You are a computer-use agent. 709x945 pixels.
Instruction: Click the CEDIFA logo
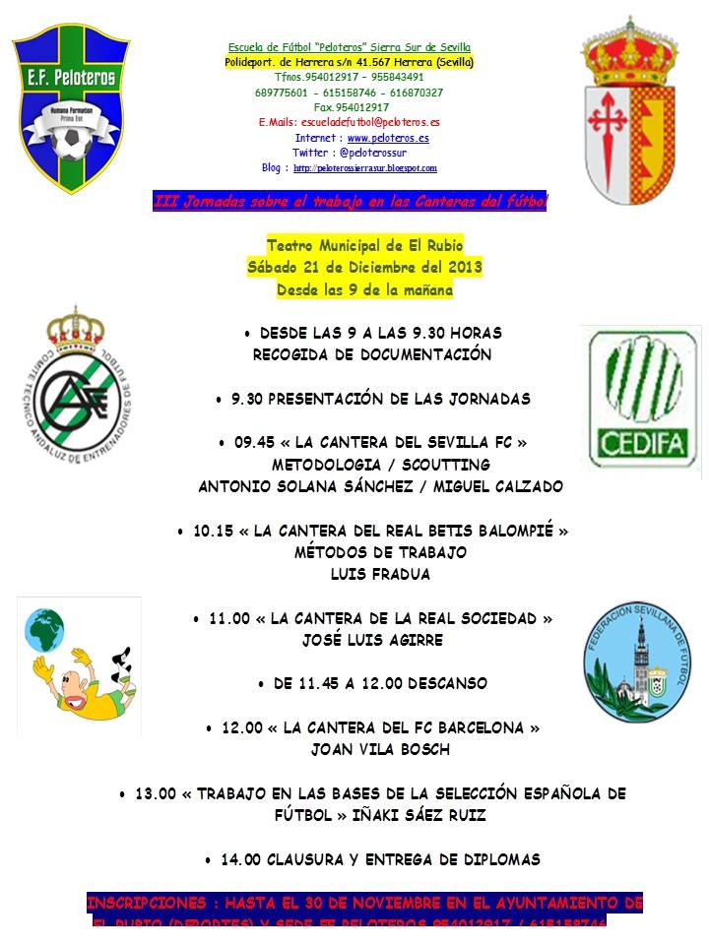(x=641, y=397)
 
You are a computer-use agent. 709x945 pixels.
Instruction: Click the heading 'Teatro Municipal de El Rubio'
(x=364, y=245)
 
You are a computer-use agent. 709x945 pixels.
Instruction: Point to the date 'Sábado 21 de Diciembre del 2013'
(x=364, y=268)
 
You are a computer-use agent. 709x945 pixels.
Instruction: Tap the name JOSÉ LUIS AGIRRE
(x=373, y=640)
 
